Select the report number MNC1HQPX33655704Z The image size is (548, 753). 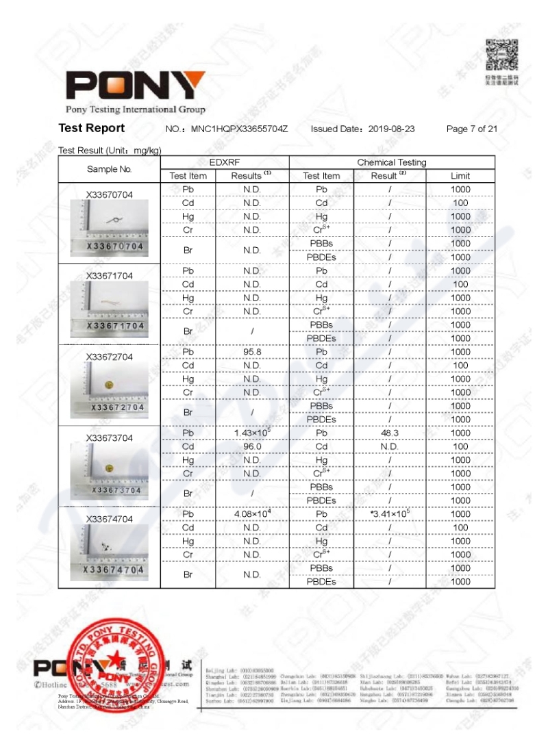tap(238, 129)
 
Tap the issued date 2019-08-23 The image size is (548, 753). tap(391, 129)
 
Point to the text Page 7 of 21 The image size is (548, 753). tap(471, 129)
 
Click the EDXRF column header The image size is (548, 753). tap(225, 162)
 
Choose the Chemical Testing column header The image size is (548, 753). tap(391, 162)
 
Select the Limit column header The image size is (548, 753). tap(460, 176)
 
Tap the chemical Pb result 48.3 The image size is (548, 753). tap(389, 433)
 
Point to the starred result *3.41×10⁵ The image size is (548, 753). tap(389, 513)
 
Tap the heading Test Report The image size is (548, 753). tap(92, 128)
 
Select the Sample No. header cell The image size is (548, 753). tap(110, 169)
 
